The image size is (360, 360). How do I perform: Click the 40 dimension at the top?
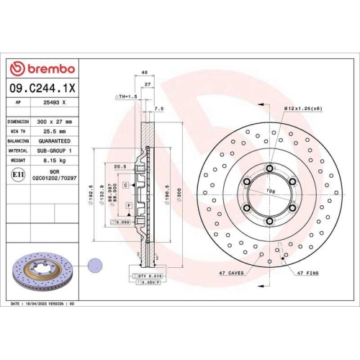(x=145, y=73)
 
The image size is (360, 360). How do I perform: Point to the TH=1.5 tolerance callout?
(x=126, y=96)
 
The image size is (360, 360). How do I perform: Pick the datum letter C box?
(x=125, y=185)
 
